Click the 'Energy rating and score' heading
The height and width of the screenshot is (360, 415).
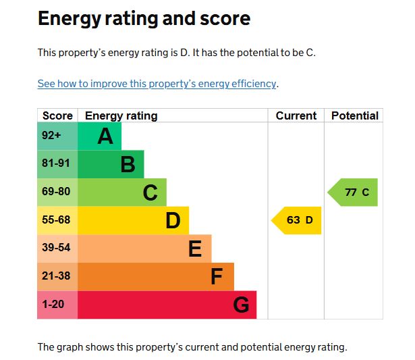pos(144,18)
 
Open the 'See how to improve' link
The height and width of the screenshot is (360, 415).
pos(157,84)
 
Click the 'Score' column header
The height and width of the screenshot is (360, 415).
pos(57,115)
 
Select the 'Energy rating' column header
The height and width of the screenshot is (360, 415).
pos(121,115)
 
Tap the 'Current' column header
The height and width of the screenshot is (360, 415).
pos(296,115)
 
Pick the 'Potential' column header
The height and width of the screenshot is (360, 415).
pos(354,115)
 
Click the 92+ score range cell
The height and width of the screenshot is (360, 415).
pos(51,136)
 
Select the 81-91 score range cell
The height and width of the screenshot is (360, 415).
pos(56,163)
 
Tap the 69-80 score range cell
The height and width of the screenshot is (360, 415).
pos(56,192)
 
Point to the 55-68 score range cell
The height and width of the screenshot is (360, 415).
pos(56,220)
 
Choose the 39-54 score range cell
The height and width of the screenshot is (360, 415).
pos(56,248)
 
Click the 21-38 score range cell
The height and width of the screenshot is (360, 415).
pos(56,276)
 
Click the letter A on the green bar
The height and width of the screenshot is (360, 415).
pos(105,136)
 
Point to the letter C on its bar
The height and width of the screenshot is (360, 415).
pos(150,193)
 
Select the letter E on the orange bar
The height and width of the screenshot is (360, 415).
pos(195,249)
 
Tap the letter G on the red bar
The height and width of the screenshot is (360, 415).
pos(241,305)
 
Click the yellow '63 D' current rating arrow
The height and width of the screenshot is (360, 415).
pos(298,220)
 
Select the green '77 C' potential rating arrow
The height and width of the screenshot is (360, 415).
pos(354,192)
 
